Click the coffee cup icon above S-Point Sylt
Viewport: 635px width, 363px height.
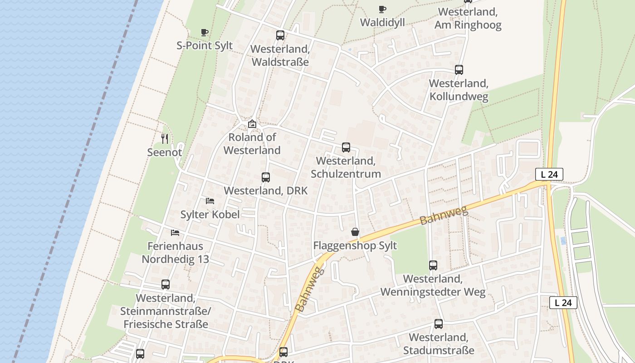coord(205,32)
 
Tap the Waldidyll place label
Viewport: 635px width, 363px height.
coord(382,22)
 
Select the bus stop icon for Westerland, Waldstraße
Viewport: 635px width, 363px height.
coord(280,35)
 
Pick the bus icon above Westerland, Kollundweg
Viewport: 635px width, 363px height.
coord(459,69)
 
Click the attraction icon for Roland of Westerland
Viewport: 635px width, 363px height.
coord(252,123)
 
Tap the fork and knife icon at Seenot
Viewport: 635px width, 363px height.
coord(165,138)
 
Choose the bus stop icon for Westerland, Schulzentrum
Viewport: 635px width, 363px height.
coord(346,147)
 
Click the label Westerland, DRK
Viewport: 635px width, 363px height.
coord(266,191)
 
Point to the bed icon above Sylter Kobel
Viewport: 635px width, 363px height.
coord(210,201)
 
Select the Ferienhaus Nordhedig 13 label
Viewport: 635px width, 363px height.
coord(175,253)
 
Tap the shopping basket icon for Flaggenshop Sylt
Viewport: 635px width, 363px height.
coord(355,232)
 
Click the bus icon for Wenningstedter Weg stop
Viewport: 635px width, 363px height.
coord(433,265)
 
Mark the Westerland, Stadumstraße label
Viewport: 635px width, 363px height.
coord(438,344)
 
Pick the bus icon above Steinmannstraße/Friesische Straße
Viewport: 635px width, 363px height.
coord(166,285)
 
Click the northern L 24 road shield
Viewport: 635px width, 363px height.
coord(549,174)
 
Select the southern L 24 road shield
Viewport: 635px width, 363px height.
coord(563,303)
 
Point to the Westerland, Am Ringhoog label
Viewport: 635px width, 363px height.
coord(468,18)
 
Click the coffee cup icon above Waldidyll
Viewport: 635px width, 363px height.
coord(382,9)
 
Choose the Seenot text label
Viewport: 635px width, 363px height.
coord(165,152)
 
